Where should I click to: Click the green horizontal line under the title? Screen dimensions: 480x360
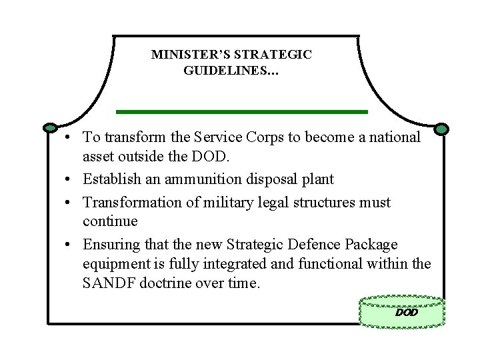(241, 111)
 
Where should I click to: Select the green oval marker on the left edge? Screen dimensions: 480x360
(51, 127)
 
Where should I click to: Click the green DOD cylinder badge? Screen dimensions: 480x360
(402, 311)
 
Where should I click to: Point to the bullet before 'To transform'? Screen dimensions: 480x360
(69, 138)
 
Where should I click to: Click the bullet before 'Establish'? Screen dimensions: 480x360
(69, 180)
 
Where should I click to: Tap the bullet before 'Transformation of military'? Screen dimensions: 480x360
(69, 202)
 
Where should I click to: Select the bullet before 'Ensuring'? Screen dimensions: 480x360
(69, 245)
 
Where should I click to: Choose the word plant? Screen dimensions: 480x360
(319, 180)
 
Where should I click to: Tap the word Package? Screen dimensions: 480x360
(369, 244)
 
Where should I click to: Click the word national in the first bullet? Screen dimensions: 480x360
(396, 137)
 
